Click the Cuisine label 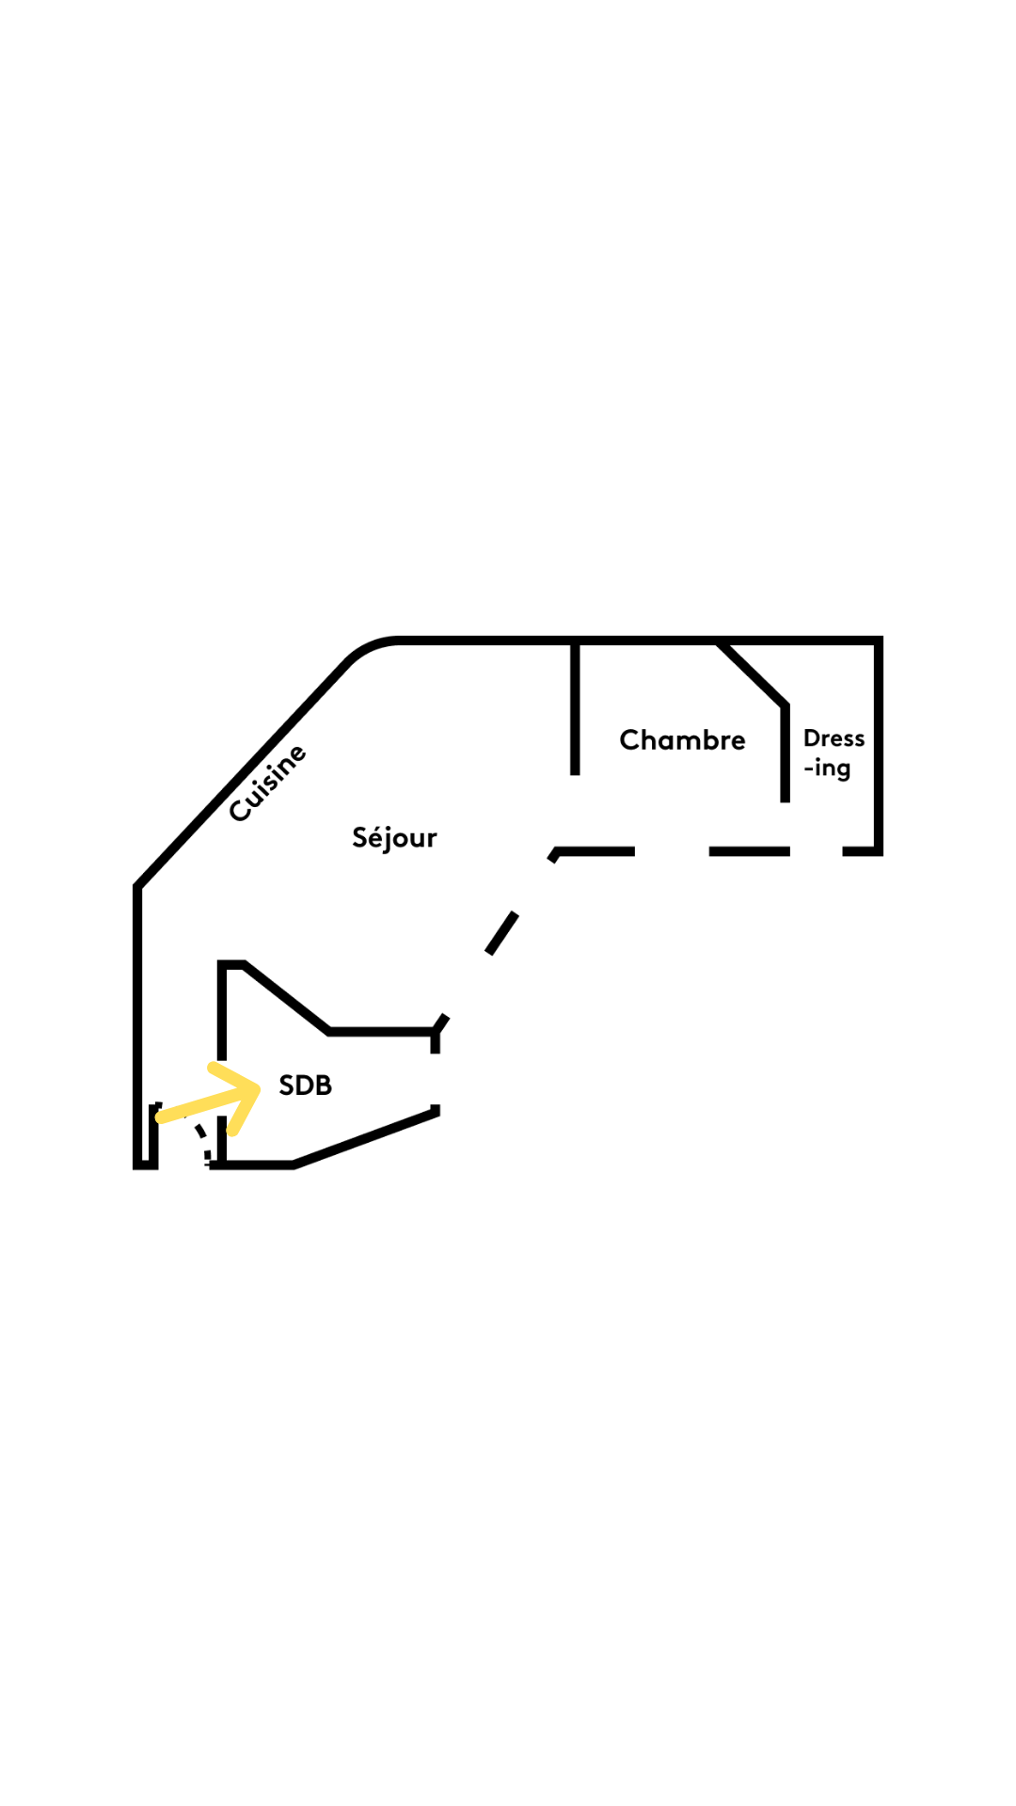[x=268, y=783]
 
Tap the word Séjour [x=394, y=837]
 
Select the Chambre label [x=682, y=740]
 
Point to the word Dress [x=833, y=738]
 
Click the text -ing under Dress [x=827, y=768]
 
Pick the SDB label [x=306, y=1085]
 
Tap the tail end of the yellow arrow [x=161, y=1118]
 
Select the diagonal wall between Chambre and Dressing [x=753, y=673]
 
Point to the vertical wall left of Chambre [x=575, y=707]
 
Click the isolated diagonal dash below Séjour [x=501, y=933]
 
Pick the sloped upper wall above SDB [x=286, y=997]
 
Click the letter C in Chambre [x=629, y=740]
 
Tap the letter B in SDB [x=324, y=1085]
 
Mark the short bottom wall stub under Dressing [x=861, y=851]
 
